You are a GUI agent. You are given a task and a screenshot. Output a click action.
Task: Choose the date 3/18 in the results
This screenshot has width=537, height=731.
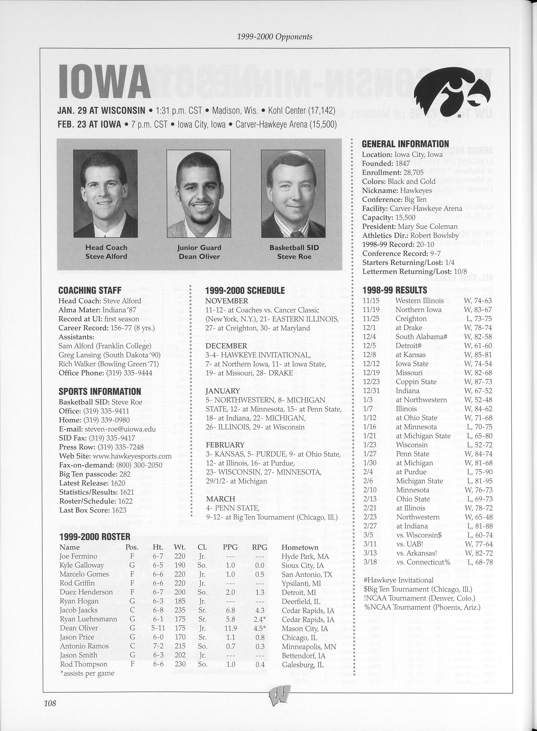370,562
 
